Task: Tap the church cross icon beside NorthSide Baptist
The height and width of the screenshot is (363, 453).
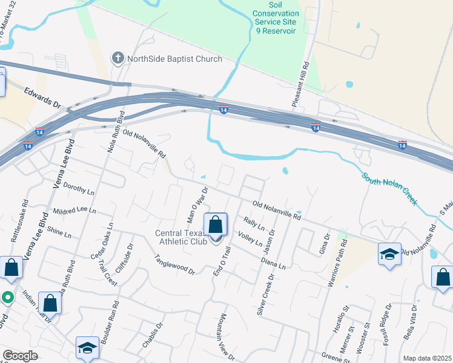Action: [117, 59]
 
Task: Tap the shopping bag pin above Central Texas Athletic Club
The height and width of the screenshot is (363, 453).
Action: [216, 225]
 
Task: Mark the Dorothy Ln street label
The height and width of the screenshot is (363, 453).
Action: [79, 191]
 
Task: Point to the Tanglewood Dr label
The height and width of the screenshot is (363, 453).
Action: [174, 263]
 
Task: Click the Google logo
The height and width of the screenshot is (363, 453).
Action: [20, 356]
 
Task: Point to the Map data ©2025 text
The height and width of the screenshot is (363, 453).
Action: [427, 358]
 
